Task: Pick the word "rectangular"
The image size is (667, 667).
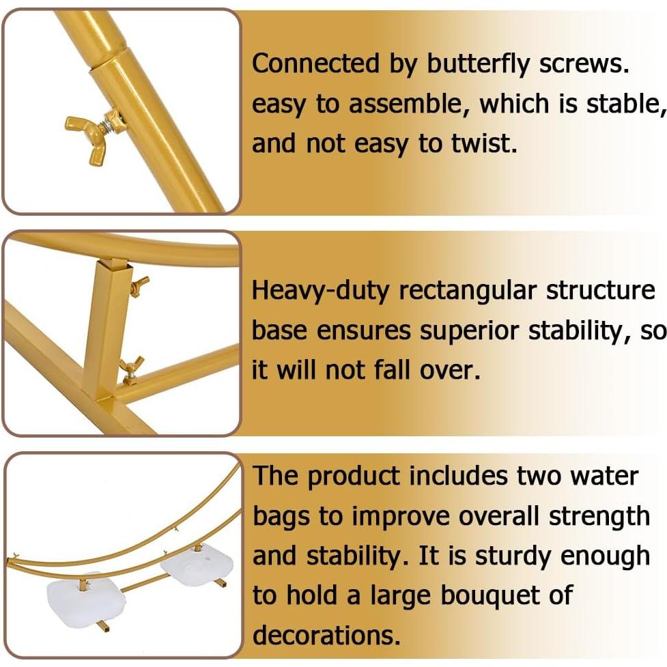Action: tap(468, 290)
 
